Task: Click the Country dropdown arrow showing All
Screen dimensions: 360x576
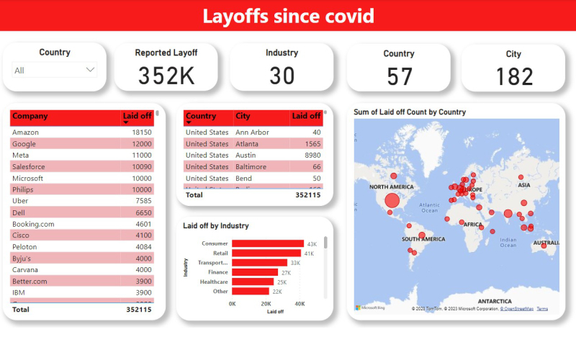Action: (x=90, y=70)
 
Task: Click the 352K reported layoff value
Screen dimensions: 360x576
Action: (x=166, y=76)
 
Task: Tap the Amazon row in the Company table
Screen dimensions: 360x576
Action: (x=26, y=132)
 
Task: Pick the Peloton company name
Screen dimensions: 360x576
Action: (x=27, y=247)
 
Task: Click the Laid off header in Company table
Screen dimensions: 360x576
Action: (x=137, y=115)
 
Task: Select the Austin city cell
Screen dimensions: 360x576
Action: (x=246, y=155)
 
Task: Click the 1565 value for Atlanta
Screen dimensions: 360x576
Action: (x=310, y=144)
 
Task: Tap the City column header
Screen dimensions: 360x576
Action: (x=243, y=116)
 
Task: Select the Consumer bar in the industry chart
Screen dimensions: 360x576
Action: (x=267, y=244)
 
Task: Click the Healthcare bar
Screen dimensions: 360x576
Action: (x=253, y=282)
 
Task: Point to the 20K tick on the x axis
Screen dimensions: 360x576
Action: (x=266, y=304)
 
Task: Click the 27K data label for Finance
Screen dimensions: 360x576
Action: (x=286, y=272)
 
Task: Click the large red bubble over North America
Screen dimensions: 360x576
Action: (x=391, y=201)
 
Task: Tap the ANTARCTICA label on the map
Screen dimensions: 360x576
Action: (x=490, y=301)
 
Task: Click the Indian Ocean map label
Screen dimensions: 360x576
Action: (x=508, y=242)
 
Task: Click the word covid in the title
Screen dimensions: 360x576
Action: (x=343, y=16)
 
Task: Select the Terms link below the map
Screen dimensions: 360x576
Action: (x=542, y=309)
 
